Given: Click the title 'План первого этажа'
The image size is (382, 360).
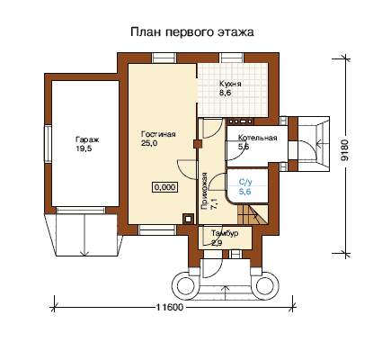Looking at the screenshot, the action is click(192, 32).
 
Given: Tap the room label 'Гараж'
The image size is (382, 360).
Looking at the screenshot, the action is click(87, 139).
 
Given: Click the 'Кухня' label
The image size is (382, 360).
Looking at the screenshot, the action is click(230, 84).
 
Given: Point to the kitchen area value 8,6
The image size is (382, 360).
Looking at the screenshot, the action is click(225, 93).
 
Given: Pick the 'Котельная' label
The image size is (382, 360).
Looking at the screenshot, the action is click(257, 138).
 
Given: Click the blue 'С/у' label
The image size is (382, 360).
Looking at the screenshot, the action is click(245, 182).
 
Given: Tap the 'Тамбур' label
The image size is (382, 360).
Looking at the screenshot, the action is click(225, 233).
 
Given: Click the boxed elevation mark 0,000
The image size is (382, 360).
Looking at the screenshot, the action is click(164, 187).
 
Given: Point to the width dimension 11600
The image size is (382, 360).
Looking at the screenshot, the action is click(169, 308).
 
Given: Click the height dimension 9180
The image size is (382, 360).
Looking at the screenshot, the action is click(345, 150).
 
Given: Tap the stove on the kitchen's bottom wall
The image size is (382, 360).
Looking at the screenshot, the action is click(240, 121).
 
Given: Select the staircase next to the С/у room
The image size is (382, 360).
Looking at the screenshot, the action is click(253, 214).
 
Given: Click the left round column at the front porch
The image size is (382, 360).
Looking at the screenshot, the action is click(185, 285).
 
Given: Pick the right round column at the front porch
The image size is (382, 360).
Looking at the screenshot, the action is click(265, 285).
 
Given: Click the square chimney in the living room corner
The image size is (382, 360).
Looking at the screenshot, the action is click(188, 219).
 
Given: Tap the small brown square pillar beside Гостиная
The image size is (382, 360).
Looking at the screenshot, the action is click(197, 144).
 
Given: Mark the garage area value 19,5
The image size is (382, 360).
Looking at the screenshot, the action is click(84, 148).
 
